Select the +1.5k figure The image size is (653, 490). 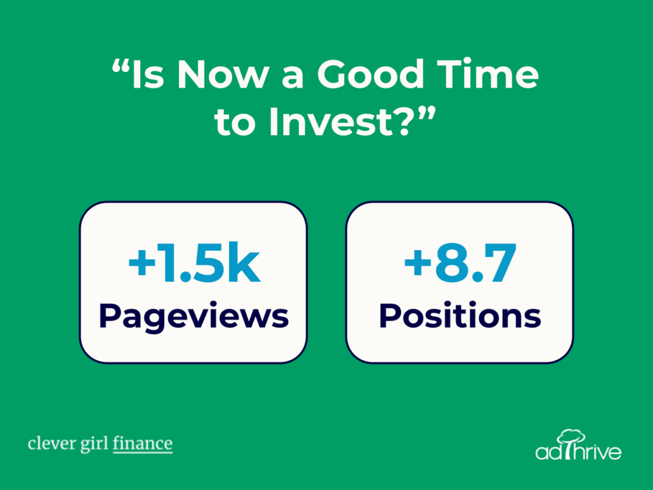coord(194,262)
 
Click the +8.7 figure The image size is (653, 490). coord(460,262)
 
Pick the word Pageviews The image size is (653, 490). coord(194,316)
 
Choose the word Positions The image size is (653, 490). coord(460,315)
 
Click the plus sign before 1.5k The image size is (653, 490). coord(142,264)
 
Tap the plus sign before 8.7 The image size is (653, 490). coord(418,264)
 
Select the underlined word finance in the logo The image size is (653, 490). coord(142,443)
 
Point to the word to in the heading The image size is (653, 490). coord(235,123)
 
